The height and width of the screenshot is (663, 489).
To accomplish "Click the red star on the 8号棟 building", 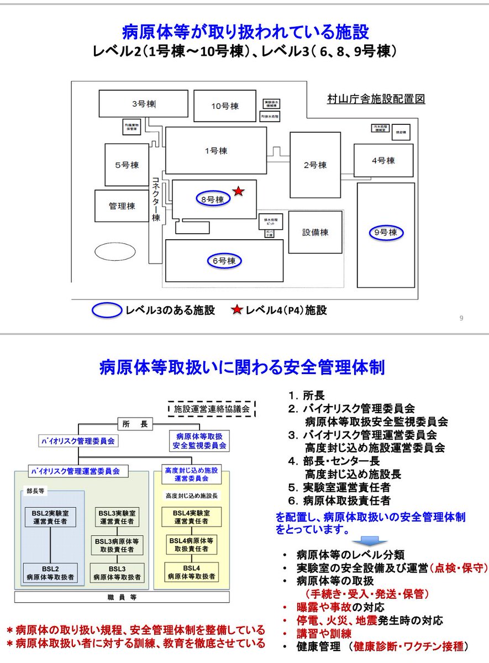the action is [238, 191].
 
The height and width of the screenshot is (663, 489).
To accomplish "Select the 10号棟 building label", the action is [224, 106].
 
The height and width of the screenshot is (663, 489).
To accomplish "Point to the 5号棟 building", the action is [127, 165].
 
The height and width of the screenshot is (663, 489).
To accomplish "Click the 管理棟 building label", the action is [122, 206].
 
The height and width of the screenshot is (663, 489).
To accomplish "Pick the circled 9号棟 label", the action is [386, 233].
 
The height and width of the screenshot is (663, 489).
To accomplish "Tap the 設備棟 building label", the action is [315, 232].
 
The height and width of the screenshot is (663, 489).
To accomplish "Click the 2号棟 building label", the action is [315, 165].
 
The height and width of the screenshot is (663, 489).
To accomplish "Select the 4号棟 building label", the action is [383, 161].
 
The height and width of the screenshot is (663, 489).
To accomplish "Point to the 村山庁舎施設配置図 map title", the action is [376, 99].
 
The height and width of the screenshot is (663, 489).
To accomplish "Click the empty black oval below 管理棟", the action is [114, 252].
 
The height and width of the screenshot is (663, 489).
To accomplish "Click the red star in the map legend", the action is [238, 310].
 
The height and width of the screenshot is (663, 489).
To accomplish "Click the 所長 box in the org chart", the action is [135, 424].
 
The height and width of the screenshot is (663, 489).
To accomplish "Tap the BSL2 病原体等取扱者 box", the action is [50, 573].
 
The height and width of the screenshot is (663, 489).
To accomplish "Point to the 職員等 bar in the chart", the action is [118, 597].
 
